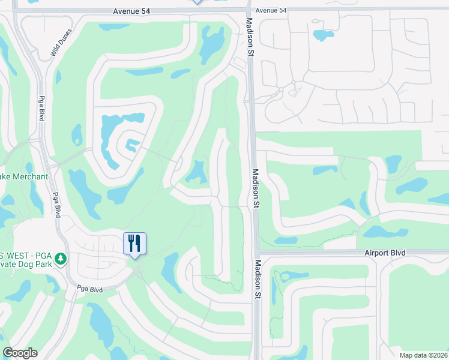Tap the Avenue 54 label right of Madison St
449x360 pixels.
tap(271, 10)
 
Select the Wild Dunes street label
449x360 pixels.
tap(61, 43)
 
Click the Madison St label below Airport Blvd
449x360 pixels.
tap(258, 279)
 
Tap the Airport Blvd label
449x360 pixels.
tap(385, 253)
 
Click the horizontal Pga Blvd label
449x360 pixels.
tap(90, 289)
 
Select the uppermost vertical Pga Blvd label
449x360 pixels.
tap(42, 109)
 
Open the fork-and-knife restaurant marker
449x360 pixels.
tap(134, 243)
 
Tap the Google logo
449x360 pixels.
tap(20, 353)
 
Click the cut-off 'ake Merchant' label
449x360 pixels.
tap(24, 176)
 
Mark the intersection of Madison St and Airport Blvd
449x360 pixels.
tap(256, 252)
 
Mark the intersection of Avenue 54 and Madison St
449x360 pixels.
tap(249, 9)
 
